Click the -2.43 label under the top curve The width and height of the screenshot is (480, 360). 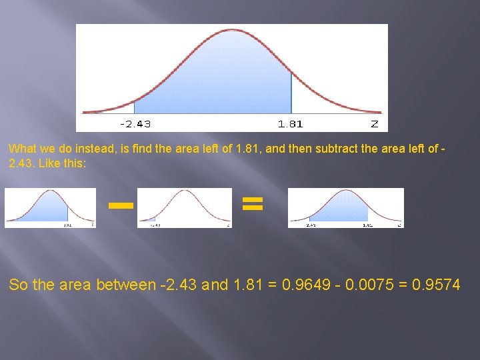tap(135, 124)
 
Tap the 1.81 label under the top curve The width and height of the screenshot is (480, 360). tap(291, 124)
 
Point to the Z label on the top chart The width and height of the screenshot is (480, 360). tap(375, 124)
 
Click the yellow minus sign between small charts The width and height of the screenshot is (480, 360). tap(121, 205)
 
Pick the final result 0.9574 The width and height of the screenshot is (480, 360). tap(436, 285)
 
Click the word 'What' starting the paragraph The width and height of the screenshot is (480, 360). tap(22, 150)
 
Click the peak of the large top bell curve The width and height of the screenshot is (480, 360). tap(231, 31)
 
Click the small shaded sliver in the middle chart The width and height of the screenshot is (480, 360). tap(151, 219)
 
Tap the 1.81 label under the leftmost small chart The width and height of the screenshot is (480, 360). tap(68, 225)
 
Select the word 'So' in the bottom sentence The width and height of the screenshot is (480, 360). tap(18, 285)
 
